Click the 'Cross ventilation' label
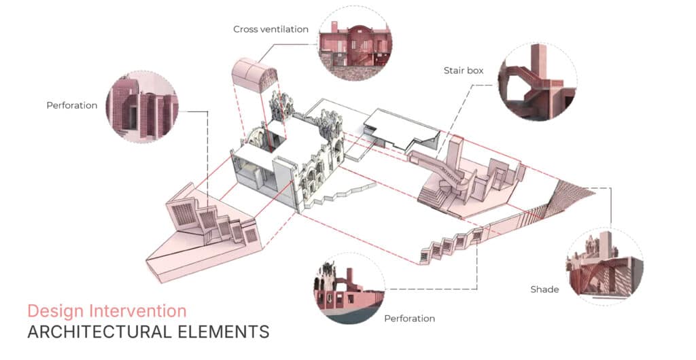271,29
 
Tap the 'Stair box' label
463,70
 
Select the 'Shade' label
544,289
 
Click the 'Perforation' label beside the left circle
72,105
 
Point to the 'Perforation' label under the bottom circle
409,318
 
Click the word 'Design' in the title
55,311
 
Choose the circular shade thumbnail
604,266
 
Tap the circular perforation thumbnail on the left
142,106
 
